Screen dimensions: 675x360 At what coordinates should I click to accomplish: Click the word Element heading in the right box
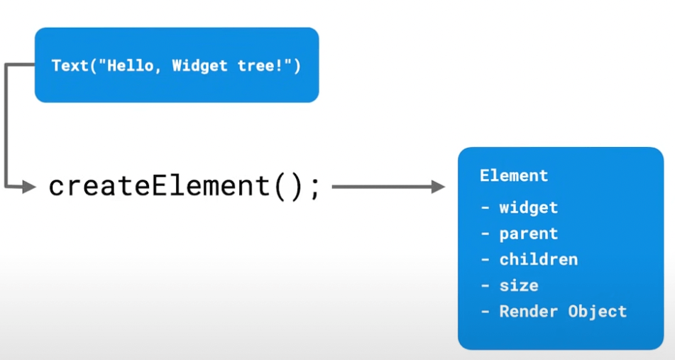pyautogui.click(x=514, y=175)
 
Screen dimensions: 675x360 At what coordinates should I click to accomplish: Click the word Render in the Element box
pyautogui.click(x=529, y=311)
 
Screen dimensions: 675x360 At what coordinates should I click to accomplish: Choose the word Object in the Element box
pyautogui.click(x=598, y=312)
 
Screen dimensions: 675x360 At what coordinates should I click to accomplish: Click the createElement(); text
pyautogui.click(x=185, y=187)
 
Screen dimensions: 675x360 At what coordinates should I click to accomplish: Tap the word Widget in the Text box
pyautogui.click(x=199, y=65)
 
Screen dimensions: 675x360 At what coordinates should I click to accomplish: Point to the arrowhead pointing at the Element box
pyautogui.click(x=438, y=187)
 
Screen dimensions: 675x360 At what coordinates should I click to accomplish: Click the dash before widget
pyautogui.click(x=485, y=208)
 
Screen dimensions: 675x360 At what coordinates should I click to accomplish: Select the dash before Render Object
pyautogui.click(x=485, y=312)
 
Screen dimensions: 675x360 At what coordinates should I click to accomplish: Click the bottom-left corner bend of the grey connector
pyautogui.click(x=6, y=187)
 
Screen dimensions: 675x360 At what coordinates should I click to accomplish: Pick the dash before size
pyautogui.click(x=485, y=286)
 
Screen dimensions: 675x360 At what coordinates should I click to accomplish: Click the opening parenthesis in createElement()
pyautogui.click(x=280, y=187)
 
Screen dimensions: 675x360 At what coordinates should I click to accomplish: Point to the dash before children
pyautogui.click(x=485, y=260)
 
